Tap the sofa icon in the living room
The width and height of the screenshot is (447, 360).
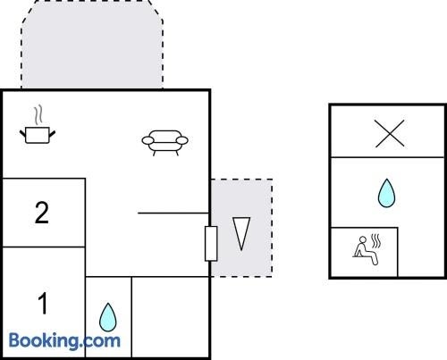click(x=164, y=142)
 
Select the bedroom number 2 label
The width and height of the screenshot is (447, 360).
click(x=41, y=213)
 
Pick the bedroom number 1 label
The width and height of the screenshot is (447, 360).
click(x=43, y=303)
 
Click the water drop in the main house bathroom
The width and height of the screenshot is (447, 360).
click(x=108, y=317)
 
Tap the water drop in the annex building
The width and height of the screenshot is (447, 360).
click(x=386, y=193)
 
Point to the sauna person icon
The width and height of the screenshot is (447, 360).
click(x=367, y=250)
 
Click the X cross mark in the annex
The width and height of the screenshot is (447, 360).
click(x=390, y=133)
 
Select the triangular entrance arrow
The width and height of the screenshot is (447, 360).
click(x=241, y=233)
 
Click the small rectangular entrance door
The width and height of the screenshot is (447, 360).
click(x=211, y=244)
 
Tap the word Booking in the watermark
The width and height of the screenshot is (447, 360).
click(x=44, y=340)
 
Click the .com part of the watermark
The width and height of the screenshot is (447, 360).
click(x=101, y=341)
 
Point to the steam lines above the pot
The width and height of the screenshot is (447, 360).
click(x=38, y=115)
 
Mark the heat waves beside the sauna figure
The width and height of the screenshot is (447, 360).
click(x=376, y=241)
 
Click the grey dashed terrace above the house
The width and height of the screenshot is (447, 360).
click(x=92, y=45)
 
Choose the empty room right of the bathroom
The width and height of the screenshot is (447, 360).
click(x=171, y=317)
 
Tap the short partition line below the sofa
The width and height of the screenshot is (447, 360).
click(x=173, y=213)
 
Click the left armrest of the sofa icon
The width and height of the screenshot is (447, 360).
click(x=148, y=140)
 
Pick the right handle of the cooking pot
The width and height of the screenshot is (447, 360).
click(x=52, y=134)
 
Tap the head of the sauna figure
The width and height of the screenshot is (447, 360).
click(x=363, y=239)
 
